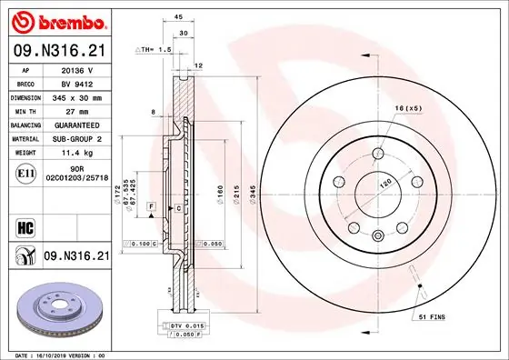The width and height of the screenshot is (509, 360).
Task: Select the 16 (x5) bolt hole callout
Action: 410,109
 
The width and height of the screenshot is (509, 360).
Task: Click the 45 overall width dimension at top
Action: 178,16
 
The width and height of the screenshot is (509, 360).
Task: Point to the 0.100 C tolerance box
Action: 143,245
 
